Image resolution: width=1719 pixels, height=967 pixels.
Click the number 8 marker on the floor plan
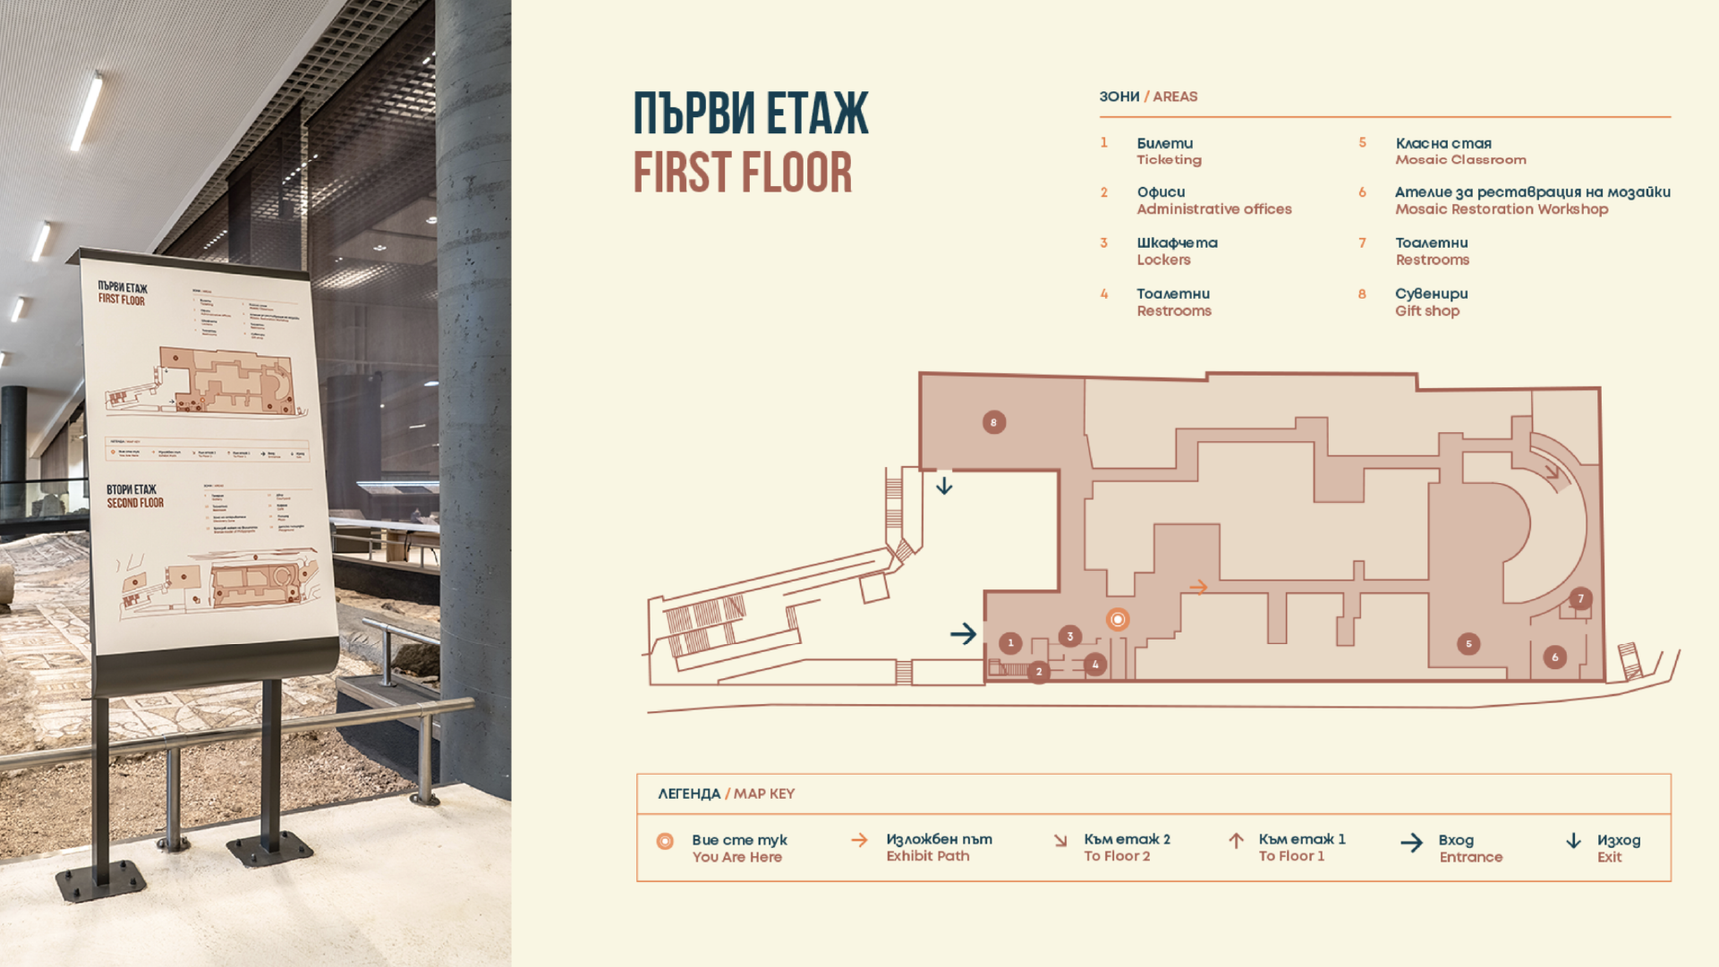click(x=993, y=422)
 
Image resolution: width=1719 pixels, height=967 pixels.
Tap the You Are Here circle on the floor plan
click(x=1117, y=619)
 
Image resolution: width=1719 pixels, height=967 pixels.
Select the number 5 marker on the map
click(x=1468, y=643)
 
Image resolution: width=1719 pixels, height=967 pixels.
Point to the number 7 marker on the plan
click(x=1580, y=598)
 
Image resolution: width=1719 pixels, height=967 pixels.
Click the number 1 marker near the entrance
click(x=1010, y=642)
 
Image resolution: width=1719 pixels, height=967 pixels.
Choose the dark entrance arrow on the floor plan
click(x=963, y=634)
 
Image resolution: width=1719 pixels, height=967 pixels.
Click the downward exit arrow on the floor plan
click(x=944, y=486)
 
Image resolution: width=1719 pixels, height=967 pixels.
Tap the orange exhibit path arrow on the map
click(x=1198, y=587)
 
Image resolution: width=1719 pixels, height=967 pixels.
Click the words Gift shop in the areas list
click(x=1426, y=311)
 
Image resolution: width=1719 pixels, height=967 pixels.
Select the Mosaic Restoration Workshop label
click(x=1501, y=209)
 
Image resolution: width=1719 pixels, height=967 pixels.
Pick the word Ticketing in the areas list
click(x=1169, y=160)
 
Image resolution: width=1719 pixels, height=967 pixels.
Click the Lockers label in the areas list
click(x=1163, y=260)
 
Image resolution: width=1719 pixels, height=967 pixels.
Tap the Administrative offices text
click(x=1213, y=209)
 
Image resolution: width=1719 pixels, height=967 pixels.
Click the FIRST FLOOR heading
click(x=742, y=173)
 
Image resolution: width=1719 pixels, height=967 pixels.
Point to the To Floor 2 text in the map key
click(x=1117, y=856)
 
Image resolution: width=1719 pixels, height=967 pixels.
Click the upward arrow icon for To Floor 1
click(x=1236, y=841)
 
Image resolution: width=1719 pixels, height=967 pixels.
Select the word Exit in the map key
click(x=1609, y=857)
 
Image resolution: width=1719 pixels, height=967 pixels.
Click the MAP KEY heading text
click(x=763, y=793)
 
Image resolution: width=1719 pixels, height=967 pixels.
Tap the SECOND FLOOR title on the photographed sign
click(x=135, y=503)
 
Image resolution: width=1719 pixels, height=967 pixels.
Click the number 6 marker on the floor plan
click(x=1554, y=657)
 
